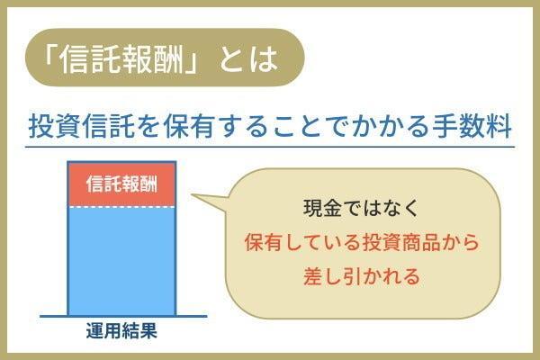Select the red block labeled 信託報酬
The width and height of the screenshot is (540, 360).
121,184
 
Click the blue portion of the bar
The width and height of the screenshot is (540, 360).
121,261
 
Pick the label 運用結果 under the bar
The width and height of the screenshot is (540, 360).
121,330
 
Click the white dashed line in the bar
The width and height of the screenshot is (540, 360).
121,208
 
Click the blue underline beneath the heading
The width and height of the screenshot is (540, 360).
270,147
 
